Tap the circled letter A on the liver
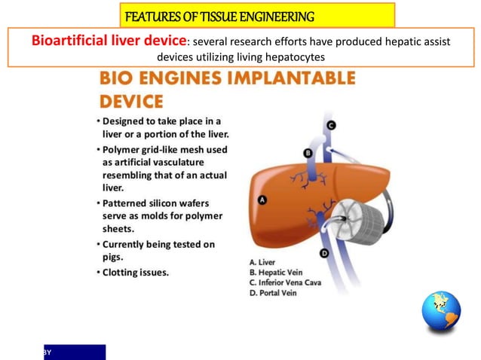pyautogui.click(x=262, y=200)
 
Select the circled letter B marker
pyautogui.click(x=307, y=153)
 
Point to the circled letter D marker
pyautogui.click(x=323, y=254)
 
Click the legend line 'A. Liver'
pyautogui.click(x=263, y=263)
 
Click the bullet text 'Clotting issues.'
pyautogui.click(x=136, y=272)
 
